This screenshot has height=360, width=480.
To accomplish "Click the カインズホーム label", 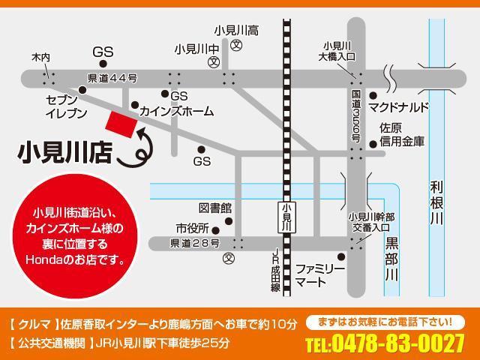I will pos(176,111).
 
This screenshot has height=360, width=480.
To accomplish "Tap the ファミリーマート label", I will pos(321,274).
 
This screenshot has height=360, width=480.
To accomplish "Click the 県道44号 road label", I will pos(112,78).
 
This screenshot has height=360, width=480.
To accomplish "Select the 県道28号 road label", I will pos(195,243).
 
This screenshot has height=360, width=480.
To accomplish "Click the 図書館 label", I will pos(215,208).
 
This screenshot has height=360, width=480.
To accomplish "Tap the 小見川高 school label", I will pos(236,31).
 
